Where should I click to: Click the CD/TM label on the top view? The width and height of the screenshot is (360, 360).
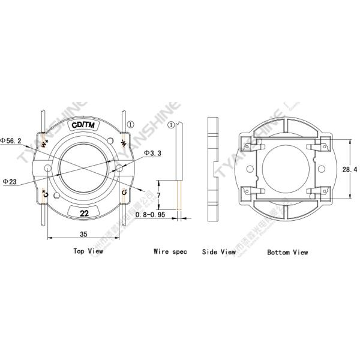pos(83,125)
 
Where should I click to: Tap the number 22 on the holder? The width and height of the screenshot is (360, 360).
pos(85,213)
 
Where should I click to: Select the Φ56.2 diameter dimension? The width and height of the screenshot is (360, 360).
pos(12,140)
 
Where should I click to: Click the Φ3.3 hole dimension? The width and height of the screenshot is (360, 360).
pos(152,154)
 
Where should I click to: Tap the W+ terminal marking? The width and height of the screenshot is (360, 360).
pos(44,143)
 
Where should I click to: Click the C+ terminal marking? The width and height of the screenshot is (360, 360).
pos(46,193)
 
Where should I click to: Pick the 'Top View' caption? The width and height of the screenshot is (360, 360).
pos(88,251)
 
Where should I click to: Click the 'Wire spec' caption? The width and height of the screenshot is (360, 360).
pos(170,252)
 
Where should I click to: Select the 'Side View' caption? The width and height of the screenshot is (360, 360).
pos(218,252)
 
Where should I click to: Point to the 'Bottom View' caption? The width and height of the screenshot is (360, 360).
pos(287,252)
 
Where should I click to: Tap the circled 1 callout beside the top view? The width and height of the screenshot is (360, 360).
pos(131,107)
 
